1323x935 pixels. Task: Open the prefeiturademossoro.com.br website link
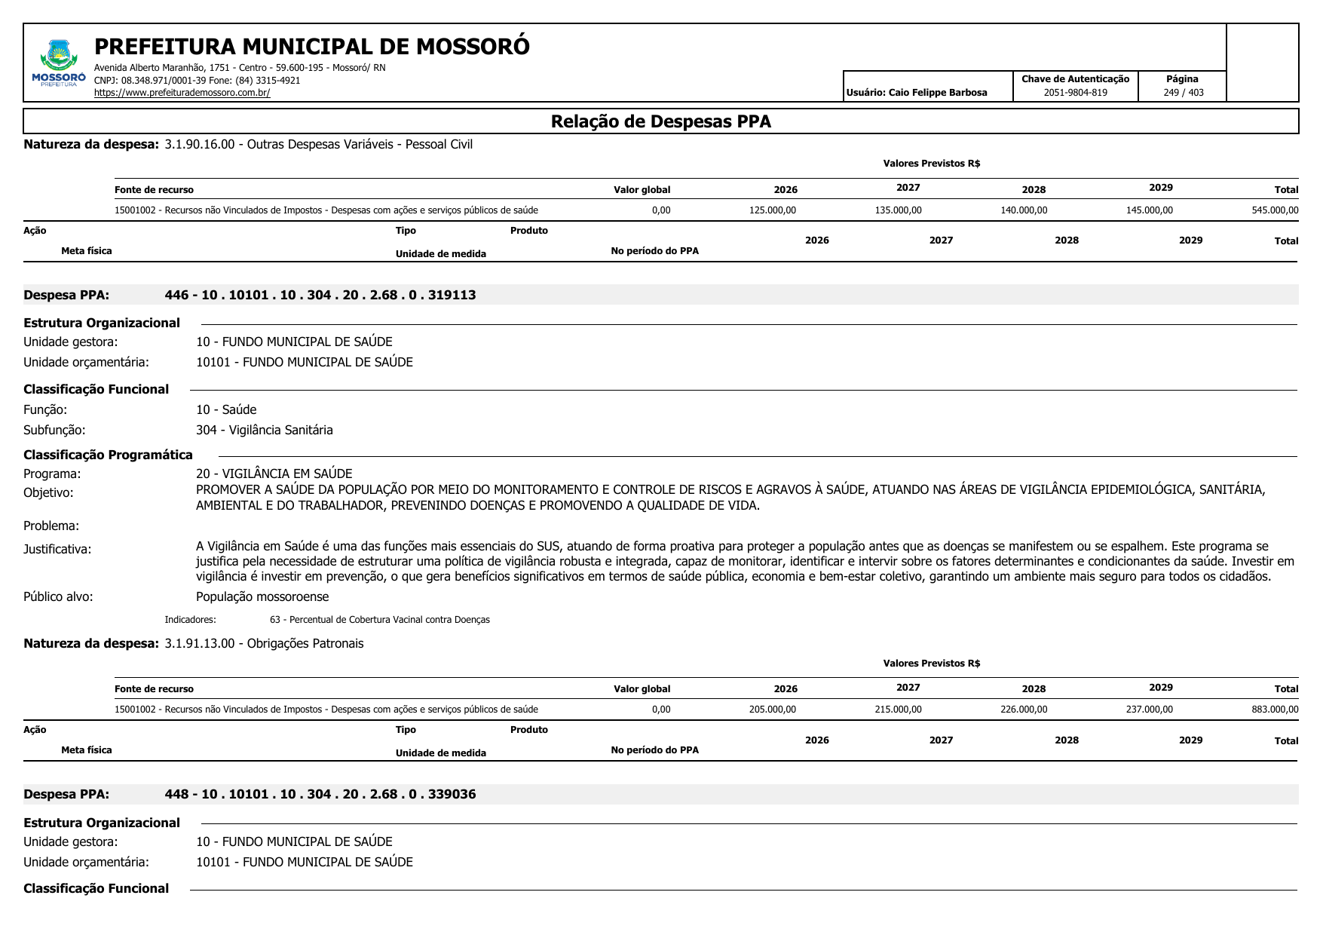(x=182, y=93)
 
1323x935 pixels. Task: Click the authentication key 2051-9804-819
(x=1075, y=93)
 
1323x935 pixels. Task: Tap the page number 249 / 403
(x=1183, y=93)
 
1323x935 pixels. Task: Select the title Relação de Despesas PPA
(x=660, y=122)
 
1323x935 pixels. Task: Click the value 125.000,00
(x=772, y=210)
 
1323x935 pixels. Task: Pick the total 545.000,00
(x=1274, y=210)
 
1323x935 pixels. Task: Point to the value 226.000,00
(x=1023, y=710)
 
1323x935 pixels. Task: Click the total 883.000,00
(x=1274, y=710)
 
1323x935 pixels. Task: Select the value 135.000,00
(x=898, y=210)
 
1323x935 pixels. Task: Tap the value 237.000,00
(x=1149, y=710)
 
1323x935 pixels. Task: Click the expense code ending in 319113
(x=320, y=295)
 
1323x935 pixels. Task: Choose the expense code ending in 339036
(x=320, y=794)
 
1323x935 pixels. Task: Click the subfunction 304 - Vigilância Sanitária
(x=264, y=430)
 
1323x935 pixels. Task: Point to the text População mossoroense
(x=262, y=596)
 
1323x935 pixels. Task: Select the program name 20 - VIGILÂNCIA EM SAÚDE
(x=274, y=474)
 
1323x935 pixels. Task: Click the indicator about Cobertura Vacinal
(x=379, y=620)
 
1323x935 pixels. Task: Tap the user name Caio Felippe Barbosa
(x=917, y=93)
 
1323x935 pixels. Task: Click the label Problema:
(x=51, y=526)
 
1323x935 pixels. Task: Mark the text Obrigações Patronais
(x=305, y=643)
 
